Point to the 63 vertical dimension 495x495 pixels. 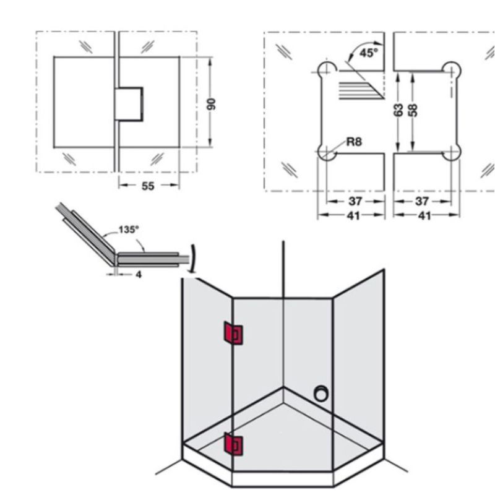point(398,110)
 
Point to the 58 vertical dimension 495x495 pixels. point(413,110)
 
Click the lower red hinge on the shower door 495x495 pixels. point(235,444)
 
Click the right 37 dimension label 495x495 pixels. point(422,202)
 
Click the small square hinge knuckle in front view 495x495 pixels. point(130,103)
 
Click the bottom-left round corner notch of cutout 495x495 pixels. point(326,153)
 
